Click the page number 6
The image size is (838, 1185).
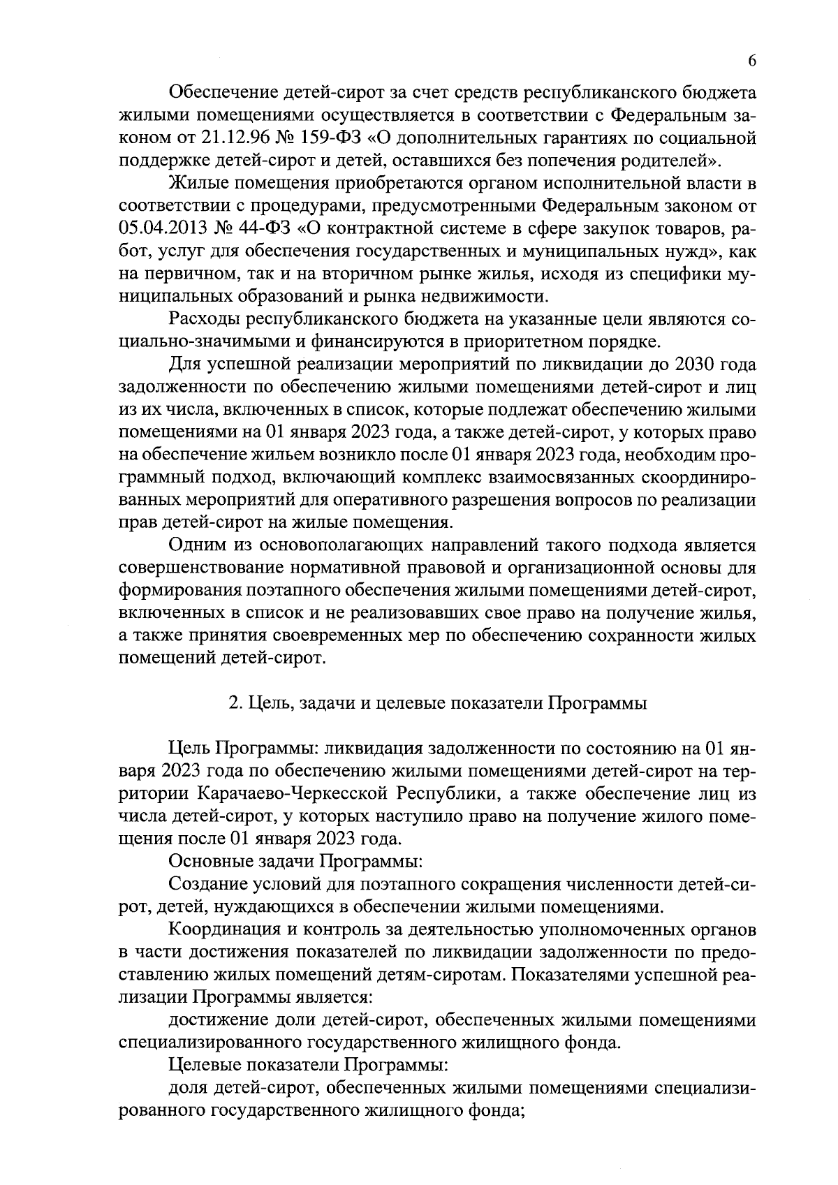[x=752, y=61]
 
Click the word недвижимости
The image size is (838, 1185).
[x=485, y=296]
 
